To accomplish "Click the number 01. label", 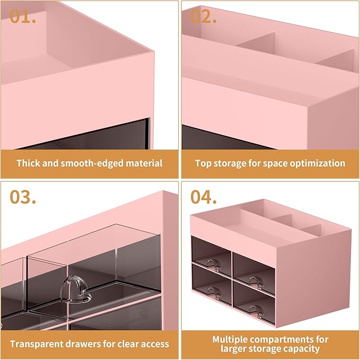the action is (x=23, y=16).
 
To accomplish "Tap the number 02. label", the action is (x=204, y=16).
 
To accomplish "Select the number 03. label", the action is (x=23, y=197).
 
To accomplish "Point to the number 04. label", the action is (x=204, y=197).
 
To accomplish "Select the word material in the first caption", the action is (x=144, y=163).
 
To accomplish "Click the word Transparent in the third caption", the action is (x=36, y=344).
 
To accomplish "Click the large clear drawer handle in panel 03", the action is (x=75, y=289).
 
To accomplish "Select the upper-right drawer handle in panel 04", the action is (x=256, y=282).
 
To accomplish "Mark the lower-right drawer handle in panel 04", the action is (x=257, y=311).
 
